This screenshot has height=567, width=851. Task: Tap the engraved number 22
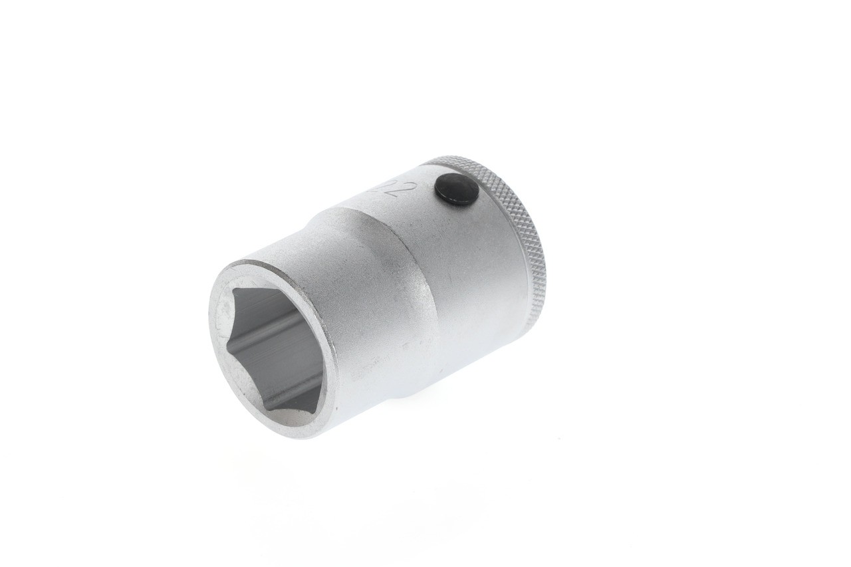tap(392, 189)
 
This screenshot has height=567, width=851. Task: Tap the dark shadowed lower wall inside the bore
tap(293, 392)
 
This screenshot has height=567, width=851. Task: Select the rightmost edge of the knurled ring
tap(544, 266)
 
